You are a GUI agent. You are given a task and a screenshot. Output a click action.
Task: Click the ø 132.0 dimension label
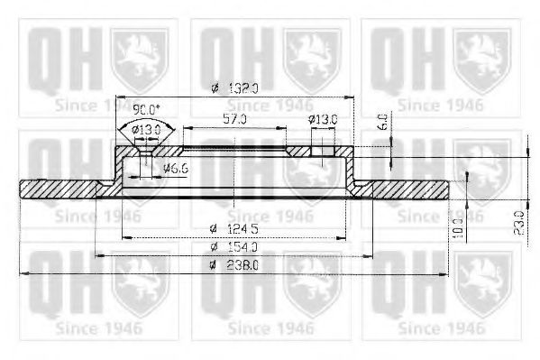(x=233, y=88)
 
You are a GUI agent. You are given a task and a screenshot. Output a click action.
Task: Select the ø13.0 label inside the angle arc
(x=146, y=129)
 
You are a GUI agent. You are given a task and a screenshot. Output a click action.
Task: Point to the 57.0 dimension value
(x=233, y=118)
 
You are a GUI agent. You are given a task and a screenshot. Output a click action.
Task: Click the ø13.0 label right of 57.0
(x=322, y=118)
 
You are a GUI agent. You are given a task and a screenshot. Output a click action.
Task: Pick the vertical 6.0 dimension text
(x=382, y=120)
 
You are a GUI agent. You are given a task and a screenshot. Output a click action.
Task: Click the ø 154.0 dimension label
(x=233, y=245)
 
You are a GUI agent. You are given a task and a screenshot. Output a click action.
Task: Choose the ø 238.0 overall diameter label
(x=233, y=265)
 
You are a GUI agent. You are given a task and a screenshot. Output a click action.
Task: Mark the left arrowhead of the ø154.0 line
(x=98, y=254)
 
